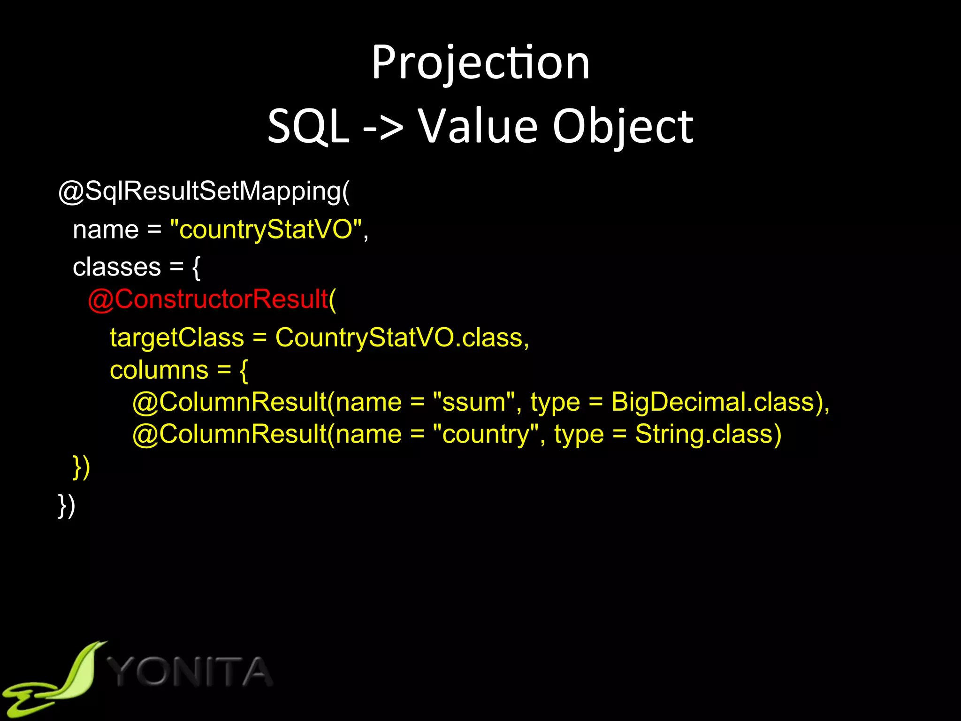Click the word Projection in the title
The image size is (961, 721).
pos(480,63)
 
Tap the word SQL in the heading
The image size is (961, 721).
pos(308,126)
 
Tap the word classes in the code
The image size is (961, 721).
pos(117,267)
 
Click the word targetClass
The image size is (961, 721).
pos(177,337)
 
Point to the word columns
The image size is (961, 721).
pos(159,370)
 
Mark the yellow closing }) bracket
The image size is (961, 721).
pos(82,467)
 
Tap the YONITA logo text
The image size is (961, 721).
pos(190,672)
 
